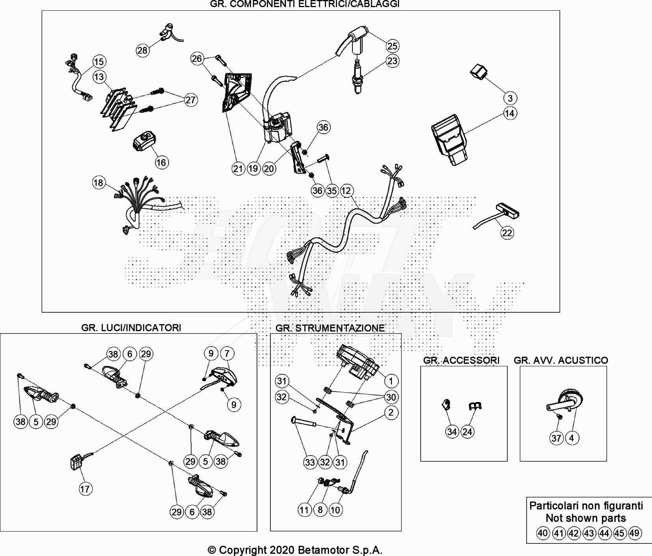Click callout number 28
[x=142, y=50]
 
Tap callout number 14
[x=510, y=114]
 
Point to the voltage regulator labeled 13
[x=117, y=106]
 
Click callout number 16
[x=161, y=162]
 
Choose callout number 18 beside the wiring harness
[x=99, y=183]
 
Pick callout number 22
[x=507, y=233]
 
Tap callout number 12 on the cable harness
[x=346, y=191]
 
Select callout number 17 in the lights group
[x=85, y=489]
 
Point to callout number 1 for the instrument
[x=391, y=381]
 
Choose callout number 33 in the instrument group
[x=310, y=462]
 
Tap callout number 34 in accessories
[x=452, y=432]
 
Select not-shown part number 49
[x=634, y=533]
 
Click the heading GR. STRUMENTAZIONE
[x=330, y=328]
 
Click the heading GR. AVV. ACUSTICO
[x=561, y=360]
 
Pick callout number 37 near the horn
[x=556, y=438]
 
